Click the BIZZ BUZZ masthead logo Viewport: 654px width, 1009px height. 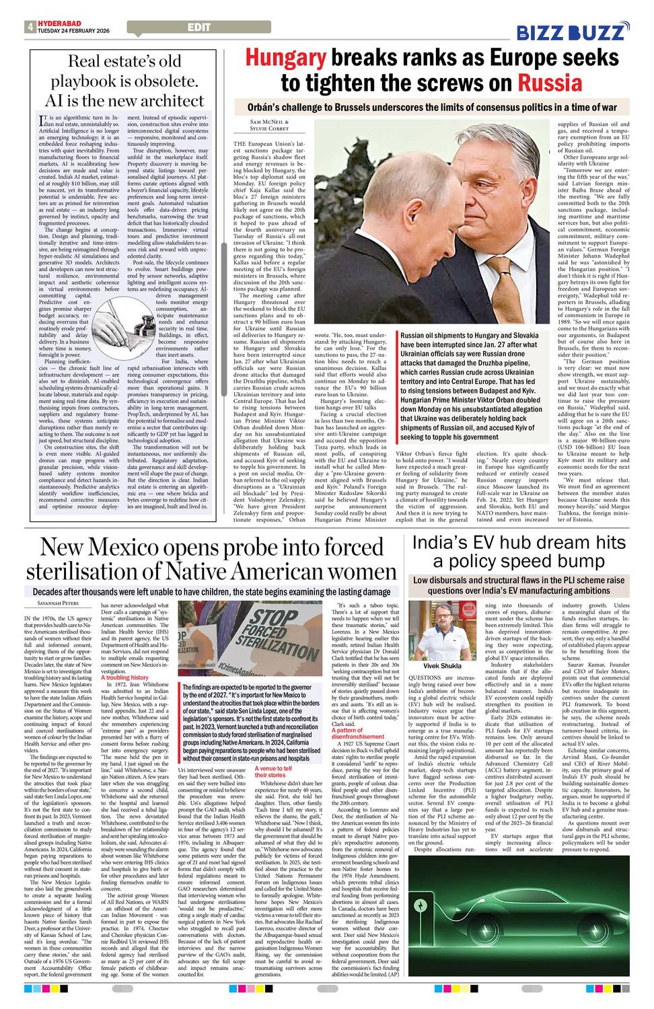tap(573, 32)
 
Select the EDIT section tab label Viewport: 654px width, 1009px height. tap(199, 28)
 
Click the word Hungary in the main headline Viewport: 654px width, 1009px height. tap(285, 58)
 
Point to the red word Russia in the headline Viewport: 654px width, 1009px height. tap(549, 83)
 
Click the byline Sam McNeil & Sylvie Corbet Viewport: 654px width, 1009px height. tap(260, 125)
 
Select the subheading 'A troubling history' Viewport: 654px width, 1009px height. tap(124, 677)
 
